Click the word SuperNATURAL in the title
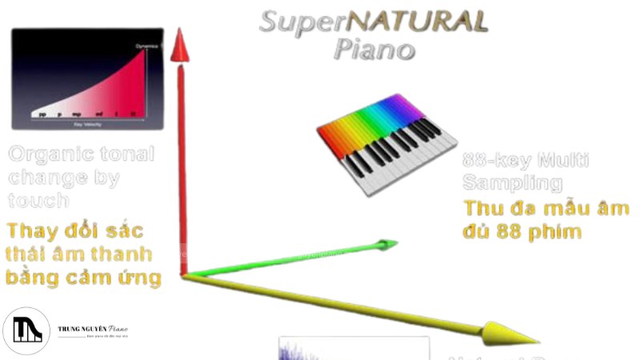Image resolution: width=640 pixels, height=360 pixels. [x=373, y=22]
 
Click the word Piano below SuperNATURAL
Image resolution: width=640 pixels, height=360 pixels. [x=374, y=50]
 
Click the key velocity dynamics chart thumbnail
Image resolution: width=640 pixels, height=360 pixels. [x=87, y=78]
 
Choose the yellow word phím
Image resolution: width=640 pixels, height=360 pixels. [x=554, y=233]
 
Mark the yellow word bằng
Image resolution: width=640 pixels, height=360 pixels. [x=31, y=278]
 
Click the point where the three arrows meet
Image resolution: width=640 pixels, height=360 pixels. [x=184, y=275]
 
